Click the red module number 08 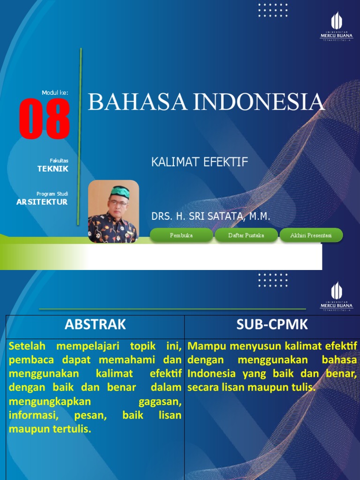pos(45,119)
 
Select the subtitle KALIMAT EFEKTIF pos(199,162)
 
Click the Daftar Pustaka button pos(246,235)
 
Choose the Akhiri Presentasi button pos(311,235)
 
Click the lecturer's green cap pos(119,192)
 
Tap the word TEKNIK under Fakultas pos(53,169)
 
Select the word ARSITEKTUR pos(42,202)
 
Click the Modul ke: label pos(55,93)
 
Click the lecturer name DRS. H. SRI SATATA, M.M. pos(211,217)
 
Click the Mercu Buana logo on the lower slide pos(336,297)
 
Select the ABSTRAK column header pos(95,324)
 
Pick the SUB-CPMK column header pos(272,324)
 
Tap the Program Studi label pos(52,194)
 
